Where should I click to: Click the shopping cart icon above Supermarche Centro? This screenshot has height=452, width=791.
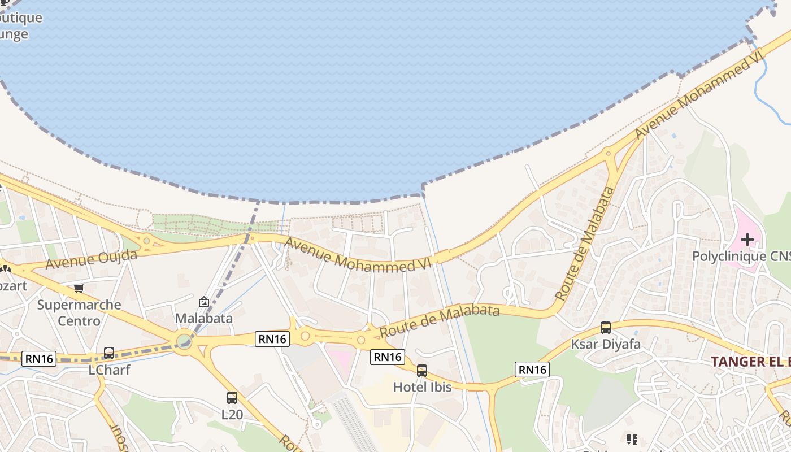[79, 288]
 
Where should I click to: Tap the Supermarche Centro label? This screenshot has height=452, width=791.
[79, 312]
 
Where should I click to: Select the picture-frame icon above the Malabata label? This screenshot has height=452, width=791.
[204, 302]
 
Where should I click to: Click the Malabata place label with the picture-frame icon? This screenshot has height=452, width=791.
[204, 318]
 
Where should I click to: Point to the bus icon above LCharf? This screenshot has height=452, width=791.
[109, 353]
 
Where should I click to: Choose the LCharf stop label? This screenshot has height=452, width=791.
[110, 370]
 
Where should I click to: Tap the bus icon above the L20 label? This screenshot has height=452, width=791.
[232, 397]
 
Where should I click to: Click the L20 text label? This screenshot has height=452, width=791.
[232, 414]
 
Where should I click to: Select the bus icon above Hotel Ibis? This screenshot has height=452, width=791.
[422, 371]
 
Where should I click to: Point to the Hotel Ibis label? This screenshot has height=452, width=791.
[423, 387]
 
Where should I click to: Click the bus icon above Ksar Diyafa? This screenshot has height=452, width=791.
[606, 327]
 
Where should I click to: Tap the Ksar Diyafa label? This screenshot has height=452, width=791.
[606, 344]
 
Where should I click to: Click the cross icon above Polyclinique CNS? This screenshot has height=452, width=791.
[747, 240]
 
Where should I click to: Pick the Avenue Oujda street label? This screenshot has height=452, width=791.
[91, 259]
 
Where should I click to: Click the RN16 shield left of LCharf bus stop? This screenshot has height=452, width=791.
[39, 358]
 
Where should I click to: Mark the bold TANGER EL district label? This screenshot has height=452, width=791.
[750, 362]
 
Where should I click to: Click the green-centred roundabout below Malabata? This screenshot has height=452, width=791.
[184, 341]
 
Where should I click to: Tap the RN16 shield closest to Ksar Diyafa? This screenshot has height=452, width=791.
[532, 370]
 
